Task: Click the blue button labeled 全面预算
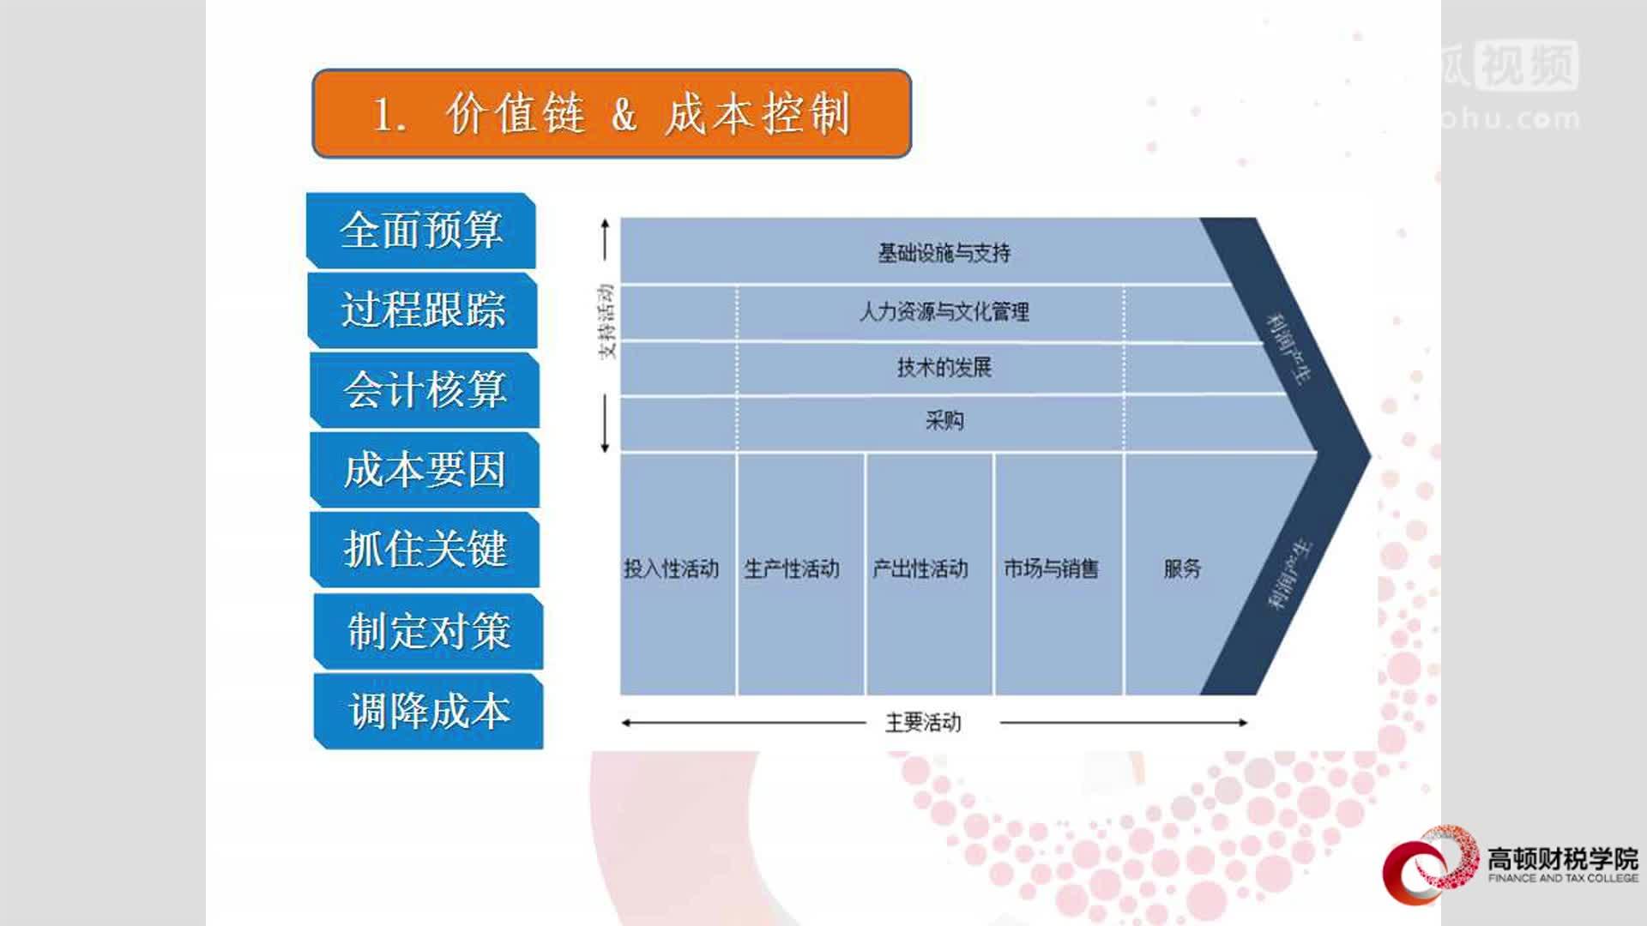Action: pos(421,231)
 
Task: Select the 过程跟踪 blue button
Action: pos(423,310)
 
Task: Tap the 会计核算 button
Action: pos(425,390)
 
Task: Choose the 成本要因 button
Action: pos(425,470)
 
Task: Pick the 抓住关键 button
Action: pos(425,550)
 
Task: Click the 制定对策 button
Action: pos(429,631)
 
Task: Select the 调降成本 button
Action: pos(429,712)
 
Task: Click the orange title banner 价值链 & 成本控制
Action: pos(612,114)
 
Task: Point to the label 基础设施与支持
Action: pos(944,253)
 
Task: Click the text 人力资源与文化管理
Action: pos(944,311)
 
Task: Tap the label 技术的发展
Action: pos(944,368)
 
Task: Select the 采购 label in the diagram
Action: pos(944,421)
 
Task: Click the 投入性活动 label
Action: pos(671,568)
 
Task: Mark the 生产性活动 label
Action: pos(791,568)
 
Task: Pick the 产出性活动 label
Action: pos(920,568)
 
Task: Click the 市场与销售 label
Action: pos(1051,568)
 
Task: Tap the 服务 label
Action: pos(1182,568)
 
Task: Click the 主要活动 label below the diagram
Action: pos(923,723)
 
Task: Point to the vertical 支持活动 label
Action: pos(606,322)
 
